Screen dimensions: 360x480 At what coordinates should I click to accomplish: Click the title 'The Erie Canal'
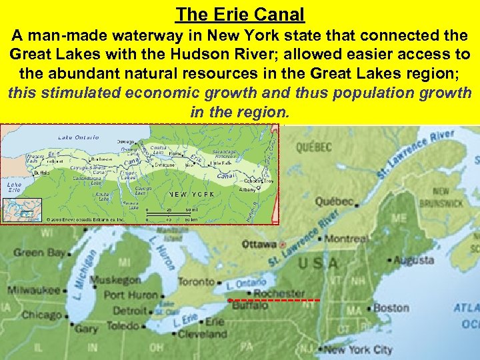pyautogui.click(x=240, y=13)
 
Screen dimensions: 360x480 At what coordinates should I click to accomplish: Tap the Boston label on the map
pyautogui.click(x=391, y=308)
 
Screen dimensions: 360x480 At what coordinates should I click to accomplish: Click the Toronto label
pyautogui.click(x=195, y=282)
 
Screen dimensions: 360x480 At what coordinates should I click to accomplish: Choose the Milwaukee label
pyautogui.click(x=34, y=291)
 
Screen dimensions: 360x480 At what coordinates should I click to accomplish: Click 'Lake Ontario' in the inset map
pyautogui.click(x=79, y=137)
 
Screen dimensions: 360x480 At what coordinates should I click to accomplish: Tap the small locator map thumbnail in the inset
pyautogui.click(x=21, y=209)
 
